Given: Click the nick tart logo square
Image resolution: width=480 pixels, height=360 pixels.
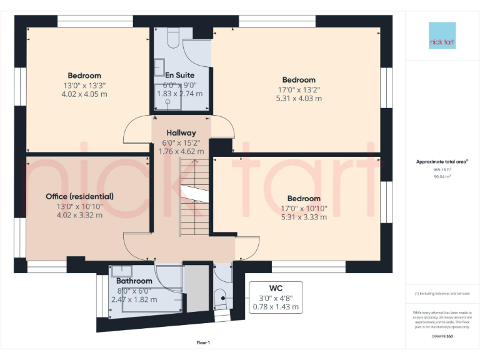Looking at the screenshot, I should [442, 36].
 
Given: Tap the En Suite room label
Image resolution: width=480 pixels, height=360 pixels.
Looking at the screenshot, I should [180, 76].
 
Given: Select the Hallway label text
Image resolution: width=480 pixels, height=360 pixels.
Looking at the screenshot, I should [181, 132].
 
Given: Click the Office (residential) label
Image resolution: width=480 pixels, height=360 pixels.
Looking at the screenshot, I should [80, 196].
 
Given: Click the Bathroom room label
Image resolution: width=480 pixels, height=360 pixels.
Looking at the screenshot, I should [134, 281].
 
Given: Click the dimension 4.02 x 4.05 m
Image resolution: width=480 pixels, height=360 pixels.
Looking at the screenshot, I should [84, 94].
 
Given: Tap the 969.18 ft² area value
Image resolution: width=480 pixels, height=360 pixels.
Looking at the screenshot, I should [442, 169].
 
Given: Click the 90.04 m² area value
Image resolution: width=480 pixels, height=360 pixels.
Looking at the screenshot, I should [442, 177].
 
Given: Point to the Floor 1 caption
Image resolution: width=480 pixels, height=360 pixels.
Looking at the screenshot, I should [203, 342].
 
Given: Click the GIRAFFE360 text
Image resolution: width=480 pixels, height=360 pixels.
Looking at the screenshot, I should [442, 336].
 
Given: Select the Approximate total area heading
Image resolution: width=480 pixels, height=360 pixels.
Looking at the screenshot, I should [442, 161].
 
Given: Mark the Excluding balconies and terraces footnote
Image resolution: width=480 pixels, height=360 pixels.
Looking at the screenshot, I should [442, 293].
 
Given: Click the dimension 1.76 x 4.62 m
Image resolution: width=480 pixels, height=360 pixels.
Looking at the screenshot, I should [181, 151].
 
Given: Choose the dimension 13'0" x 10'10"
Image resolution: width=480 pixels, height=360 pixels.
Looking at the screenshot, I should [80, 206].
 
